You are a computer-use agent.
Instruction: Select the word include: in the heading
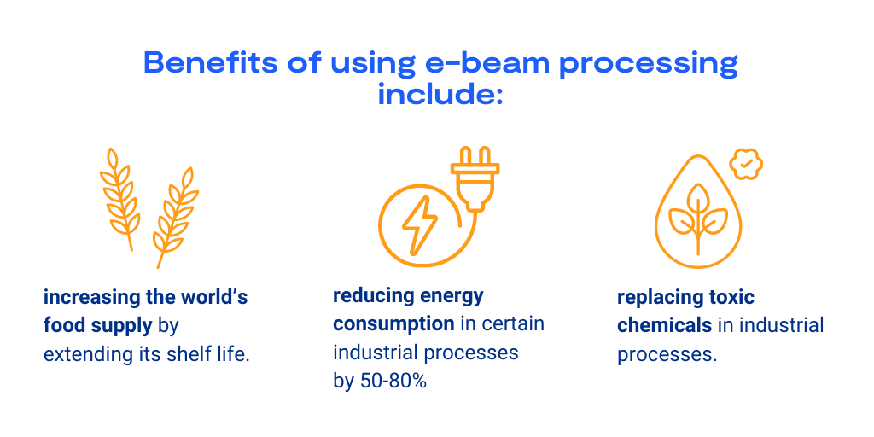pyautogui.click(x=440, y=94)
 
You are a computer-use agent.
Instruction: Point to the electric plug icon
pyautogui.click(x=475, y=179)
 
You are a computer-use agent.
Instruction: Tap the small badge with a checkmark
pyautogui.click(x=746, y=164)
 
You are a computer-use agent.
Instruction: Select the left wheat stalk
pyautogui.click(x=119, y=199)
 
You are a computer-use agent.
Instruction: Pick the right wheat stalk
pyautogui.click(x=176, y=218)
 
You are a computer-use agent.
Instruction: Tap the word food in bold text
pyautogui.click(x=62, y=326)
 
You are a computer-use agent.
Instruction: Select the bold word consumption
pyautogui.click(x=393, y=325)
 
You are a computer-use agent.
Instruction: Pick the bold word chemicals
pyautogui.click(x=664, y=325)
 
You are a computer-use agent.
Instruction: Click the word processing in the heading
pyautogui.click(x=649, y=65)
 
